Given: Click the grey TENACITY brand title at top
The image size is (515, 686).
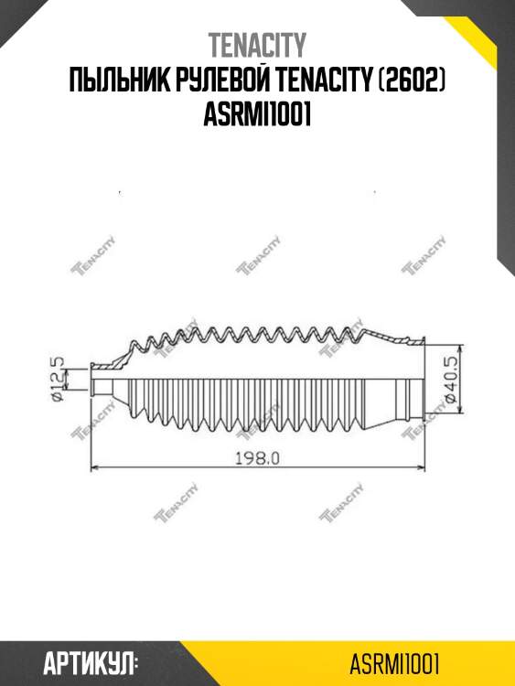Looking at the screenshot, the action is coord(257,45).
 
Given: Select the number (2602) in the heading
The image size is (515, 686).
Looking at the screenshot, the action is coord(412,80).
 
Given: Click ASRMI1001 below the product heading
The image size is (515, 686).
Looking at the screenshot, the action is coord(257,114).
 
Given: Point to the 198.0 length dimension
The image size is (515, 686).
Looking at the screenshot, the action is coord(257,458).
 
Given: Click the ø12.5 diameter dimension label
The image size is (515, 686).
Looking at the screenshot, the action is coord(58,379).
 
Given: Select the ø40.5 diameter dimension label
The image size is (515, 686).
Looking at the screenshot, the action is coord(451,379).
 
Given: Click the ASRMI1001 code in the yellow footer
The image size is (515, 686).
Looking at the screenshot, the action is coord(394,664).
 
